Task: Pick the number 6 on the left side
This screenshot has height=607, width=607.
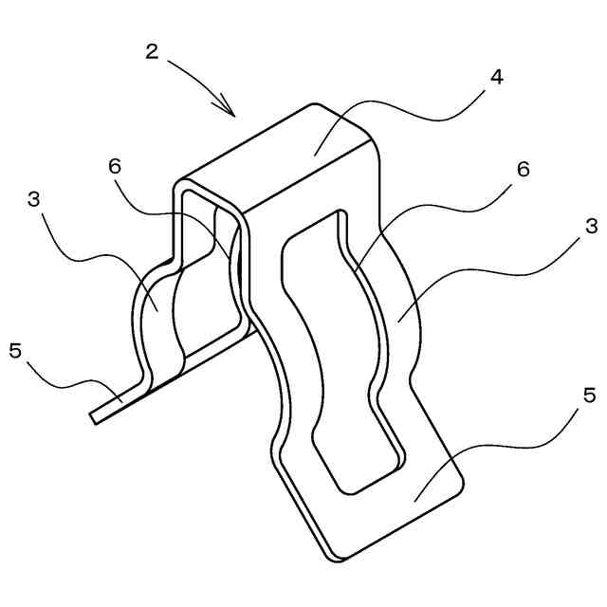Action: [x=115, y=165]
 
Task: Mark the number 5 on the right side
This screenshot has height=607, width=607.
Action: [x=590, y=395]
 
